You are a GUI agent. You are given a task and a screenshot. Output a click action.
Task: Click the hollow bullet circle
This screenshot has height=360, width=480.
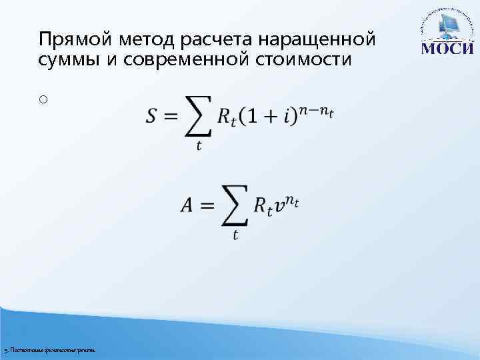(x=43, y=99)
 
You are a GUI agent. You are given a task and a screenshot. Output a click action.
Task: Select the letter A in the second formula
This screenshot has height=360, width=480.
(x=187, y=205)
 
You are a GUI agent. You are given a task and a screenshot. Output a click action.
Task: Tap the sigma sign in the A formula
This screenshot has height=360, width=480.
(x=233, y=205)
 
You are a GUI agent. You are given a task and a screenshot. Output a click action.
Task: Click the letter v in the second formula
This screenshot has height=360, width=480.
(x=280, y=207)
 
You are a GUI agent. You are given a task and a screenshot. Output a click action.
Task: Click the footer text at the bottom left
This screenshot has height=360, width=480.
(x=49, y=350)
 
